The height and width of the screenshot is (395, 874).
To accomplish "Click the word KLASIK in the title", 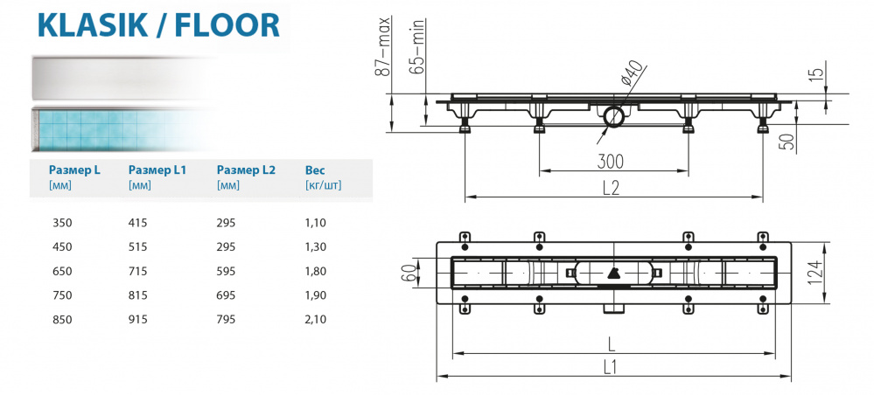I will point(88,25).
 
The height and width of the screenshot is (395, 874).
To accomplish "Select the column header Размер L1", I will point(157,170).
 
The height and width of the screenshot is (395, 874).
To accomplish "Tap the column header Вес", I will point(315,170).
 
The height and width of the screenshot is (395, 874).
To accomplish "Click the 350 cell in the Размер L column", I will point(63,223).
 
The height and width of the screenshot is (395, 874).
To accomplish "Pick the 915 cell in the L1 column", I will point(138,319).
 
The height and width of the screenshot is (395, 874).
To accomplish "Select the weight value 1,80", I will point(316,271).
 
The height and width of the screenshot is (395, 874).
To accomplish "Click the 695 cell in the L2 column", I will point(227,295).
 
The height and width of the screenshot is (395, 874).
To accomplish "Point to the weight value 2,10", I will point(316,319).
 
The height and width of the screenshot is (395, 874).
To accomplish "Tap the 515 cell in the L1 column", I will point(138,247).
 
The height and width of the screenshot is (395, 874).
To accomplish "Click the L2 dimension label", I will point(611,187).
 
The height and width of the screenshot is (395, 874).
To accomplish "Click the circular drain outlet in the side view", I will point(612,114).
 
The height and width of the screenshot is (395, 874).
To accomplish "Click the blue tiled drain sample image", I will point(105,128).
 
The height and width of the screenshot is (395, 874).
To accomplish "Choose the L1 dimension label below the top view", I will point(611,367).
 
